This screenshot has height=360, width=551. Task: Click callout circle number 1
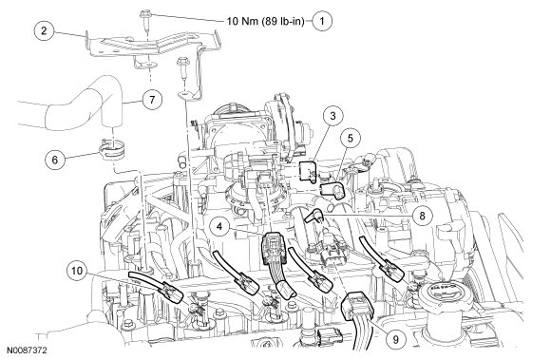click(322, 21)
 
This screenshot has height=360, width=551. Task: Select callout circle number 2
click(44, 30)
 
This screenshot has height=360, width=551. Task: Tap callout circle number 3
click(332, 116)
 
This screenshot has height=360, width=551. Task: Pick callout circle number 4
click(219, 226)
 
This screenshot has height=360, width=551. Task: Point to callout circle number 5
click(351, 138)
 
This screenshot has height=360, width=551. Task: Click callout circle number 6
click(55, 160)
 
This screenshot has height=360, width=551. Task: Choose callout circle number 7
click(152, 100)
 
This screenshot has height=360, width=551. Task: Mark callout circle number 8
click(422, 216)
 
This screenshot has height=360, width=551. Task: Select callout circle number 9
click(396, 339)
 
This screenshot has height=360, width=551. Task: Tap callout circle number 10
click(77, 271)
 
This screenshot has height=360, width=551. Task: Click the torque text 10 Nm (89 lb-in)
click(266, 22)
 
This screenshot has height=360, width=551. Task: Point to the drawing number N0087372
click(27, 351)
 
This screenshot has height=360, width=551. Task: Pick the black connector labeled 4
click(275, 248)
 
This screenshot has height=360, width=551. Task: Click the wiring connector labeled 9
click(355, 307)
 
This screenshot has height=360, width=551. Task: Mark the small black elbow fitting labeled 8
click(313, 215)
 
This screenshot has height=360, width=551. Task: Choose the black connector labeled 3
click(308, 170)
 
